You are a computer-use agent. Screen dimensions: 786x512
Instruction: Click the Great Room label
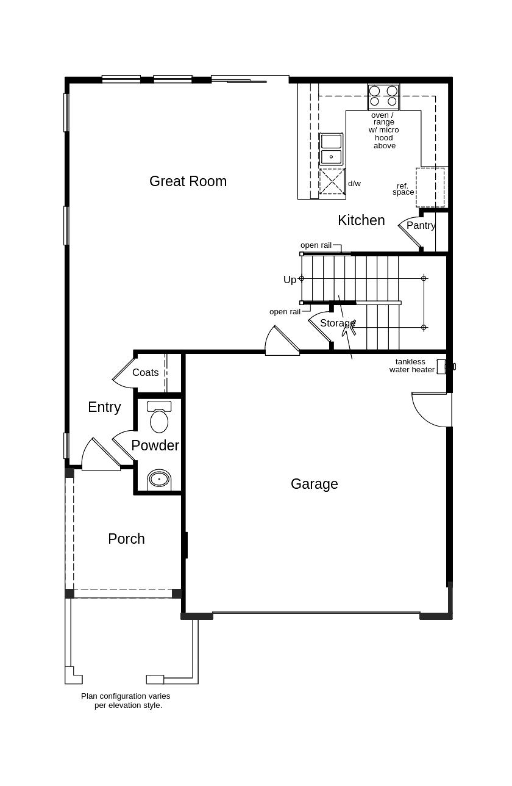(188, 181)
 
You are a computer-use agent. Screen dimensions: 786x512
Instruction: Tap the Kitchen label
(361, 220)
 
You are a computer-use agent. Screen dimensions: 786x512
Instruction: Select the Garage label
(314, 484)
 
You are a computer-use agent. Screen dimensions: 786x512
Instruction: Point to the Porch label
(126, 539)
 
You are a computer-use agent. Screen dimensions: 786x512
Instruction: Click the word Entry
(104, 407)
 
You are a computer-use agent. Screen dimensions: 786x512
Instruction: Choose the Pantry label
(421, 226)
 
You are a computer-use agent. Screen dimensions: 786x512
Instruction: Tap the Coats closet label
(145, 372)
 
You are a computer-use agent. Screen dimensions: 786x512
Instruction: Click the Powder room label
(155, 445)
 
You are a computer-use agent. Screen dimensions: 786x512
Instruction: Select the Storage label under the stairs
(337, 323)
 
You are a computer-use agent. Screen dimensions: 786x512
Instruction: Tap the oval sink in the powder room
(159, 479)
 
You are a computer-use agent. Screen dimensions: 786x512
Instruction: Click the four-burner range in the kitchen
(383, 96)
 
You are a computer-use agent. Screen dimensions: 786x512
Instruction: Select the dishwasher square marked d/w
(332, 181)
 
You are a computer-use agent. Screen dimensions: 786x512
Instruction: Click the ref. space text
(403, 189)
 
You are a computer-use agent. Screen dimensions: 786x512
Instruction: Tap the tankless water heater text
(411, 366)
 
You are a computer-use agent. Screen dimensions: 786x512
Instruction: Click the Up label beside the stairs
(290, 279)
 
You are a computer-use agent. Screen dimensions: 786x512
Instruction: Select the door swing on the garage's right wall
(431, 410)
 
